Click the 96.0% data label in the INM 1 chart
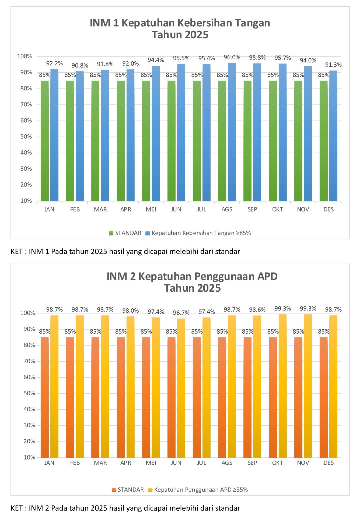click(x=232, y=57)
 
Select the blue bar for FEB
click(x=80, y=136)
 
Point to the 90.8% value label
click(x=80, y=66)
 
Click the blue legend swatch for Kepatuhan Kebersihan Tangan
click(x=148, y=233)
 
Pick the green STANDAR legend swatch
click(x=111, y=233)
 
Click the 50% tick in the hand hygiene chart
click(x=26, y=137)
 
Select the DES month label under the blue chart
click(x=328, y=209)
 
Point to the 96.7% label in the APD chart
click(x=181, y=313)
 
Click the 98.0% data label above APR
click(x=131, y=311)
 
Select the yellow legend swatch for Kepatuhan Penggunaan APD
click(x=150, y=490)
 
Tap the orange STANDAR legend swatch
click(x=114, y=490)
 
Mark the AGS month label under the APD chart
click(x=227, y=463)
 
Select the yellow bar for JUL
click(x=207, y=387)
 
